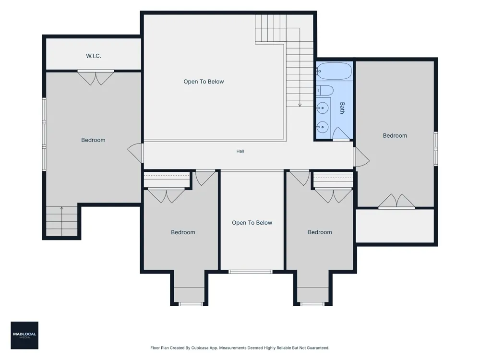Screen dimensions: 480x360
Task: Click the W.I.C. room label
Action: pos(94,56)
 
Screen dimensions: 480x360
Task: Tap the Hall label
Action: pos(240,151)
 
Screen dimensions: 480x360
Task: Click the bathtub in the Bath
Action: pos(334,71)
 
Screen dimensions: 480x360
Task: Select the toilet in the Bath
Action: pos(324,90)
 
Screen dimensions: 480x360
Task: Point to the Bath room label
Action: pos(342,108)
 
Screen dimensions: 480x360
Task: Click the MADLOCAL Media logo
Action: pos(24,335)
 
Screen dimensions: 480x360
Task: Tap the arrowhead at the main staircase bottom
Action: pos(300,105)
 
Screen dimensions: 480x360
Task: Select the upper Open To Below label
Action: pos(204,82)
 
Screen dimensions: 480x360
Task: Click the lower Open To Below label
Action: pos(252,223)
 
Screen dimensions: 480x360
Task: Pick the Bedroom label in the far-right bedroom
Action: pos(395,136)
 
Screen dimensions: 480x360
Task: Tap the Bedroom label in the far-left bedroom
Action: pos(94,140)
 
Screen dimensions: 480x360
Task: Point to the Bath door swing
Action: pos(341,134)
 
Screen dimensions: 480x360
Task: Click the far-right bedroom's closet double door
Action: pos(397,201)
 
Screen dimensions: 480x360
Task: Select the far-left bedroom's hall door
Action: pos(136,153)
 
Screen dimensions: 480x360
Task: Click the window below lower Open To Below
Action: pos(251,272)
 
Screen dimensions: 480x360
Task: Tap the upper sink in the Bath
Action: pos(323,108)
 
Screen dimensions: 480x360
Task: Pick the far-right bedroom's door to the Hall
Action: pos(361,157)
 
